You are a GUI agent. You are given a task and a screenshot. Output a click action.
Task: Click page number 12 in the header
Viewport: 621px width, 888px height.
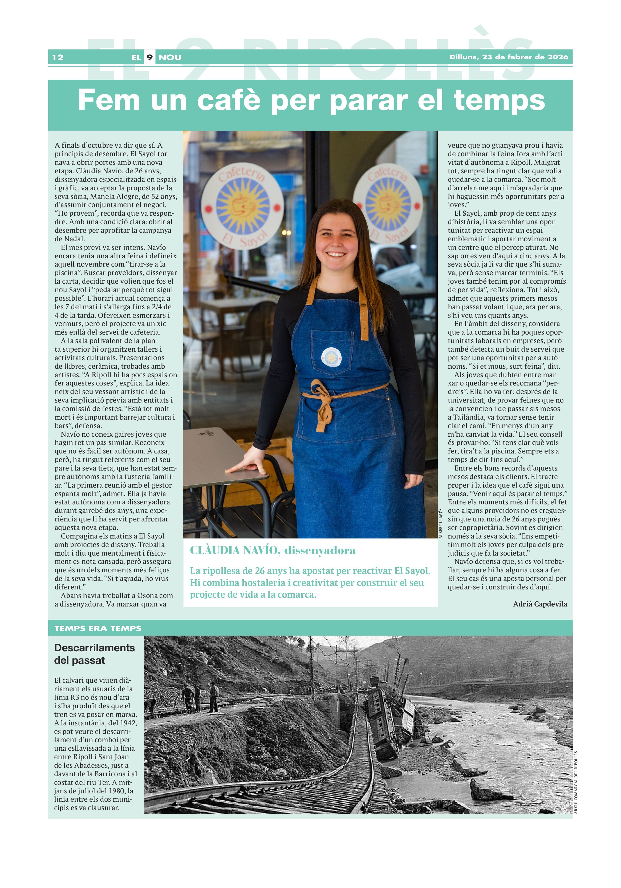(58, 57)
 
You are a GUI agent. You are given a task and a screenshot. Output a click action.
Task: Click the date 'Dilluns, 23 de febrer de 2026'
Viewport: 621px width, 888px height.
(509, 57)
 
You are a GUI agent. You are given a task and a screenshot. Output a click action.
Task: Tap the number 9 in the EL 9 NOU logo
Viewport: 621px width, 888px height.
(149, 57)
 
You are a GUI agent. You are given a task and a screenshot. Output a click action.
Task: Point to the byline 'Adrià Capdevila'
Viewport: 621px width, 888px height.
(540, 604)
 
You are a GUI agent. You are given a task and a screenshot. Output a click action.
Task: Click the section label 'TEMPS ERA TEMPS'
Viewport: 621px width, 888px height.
(98, 628)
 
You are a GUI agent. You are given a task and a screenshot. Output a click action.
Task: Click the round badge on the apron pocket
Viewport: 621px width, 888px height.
(331, 357)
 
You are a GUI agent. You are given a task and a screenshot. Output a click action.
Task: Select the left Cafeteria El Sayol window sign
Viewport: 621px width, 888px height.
(242, 206)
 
